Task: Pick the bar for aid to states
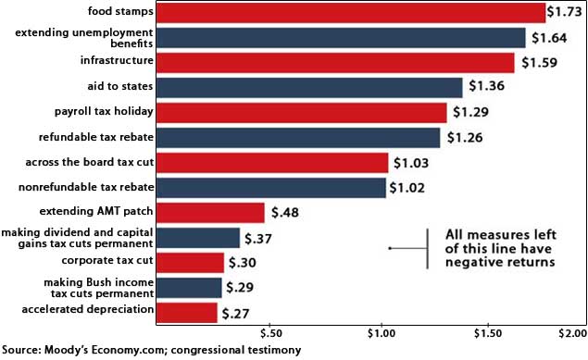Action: click(x=309, y=88)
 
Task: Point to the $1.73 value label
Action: click(x=563, y=13)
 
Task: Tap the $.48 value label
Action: click(x=283, y=213)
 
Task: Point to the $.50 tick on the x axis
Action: click(x=270, y=332)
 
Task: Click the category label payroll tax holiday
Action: click(x=102, y=113)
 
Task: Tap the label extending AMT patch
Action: click(x=103, y=213)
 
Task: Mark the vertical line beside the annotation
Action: click(x=428, y=248)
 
